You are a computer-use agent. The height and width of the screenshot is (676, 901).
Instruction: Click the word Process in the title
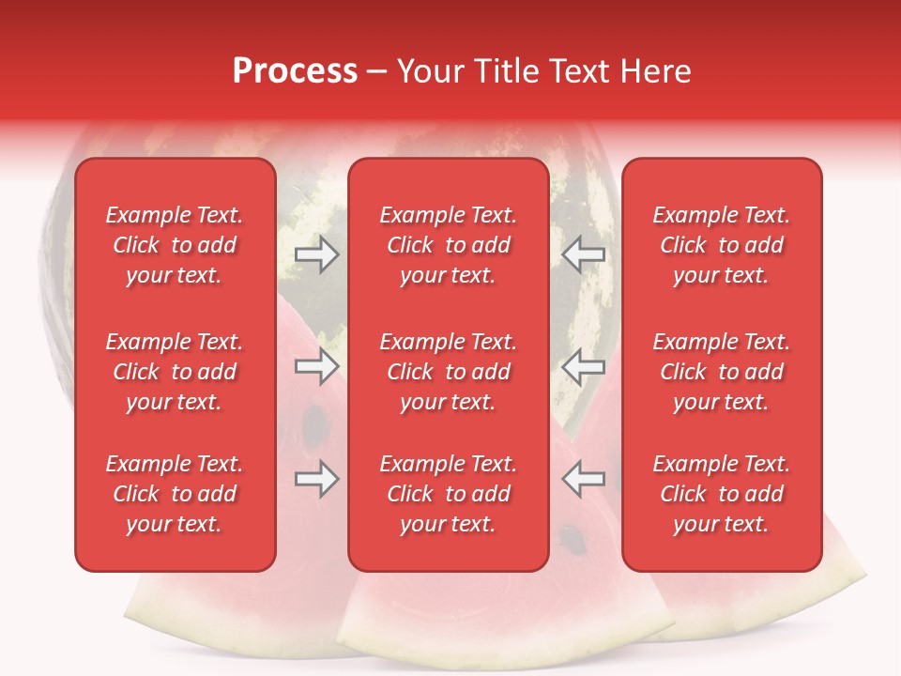[x=295, y=71]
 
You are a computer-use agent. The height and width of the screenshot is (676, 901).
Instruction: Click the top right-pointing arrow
[x=316, y=254]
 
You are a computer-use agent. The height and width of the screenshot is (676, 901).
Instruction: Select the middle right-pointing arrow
[x=316, y=366]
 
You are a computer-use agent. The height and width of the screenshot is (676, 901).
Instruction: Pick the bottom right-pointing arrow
[x=316, y=479]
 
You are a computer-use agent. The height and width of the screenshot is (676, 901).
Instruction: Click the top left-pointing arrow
[x=583, y=254]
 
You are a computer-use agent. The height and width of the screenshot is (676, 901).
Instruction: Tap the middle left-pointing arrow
[x=583, y=366]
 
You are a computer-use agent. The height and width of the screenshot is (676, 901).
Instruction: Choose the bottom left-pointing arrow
[x=583, y=479]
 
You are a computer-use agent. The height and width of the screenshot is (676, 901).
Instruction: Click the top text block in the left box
[x=175, y=245]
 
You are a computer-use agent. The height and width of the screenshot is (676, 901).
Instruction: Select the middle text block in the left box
[x=175, y=372]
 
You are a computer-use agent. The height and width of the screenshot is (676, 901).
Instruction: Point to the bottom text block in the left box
[x=175, y=494]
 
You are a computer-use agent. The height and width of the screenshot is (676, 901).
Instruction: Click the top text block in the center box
[x=448, y=245]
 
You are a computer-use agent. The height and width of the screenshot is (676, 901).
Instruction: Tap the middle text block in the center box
[x=448, y=372]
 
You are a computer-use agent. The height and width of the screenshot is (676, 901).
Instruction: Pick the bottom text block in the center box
[x=448, y=494]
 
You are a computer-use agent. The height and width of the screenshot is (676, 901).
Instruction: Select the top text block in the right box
[x=721, y=245]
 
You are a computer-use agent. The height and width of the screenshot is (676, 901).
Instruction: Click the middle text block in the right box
[x=721, y=372]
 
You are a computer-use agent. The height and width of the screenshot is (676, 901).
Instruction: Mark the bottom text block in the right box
[x=721, y=494]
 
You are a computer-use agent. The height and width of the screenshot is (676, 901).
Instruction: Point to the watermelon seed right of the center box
[x=569, y=539]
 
